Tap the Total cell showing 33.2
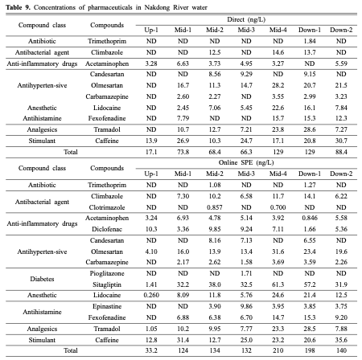150,350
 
